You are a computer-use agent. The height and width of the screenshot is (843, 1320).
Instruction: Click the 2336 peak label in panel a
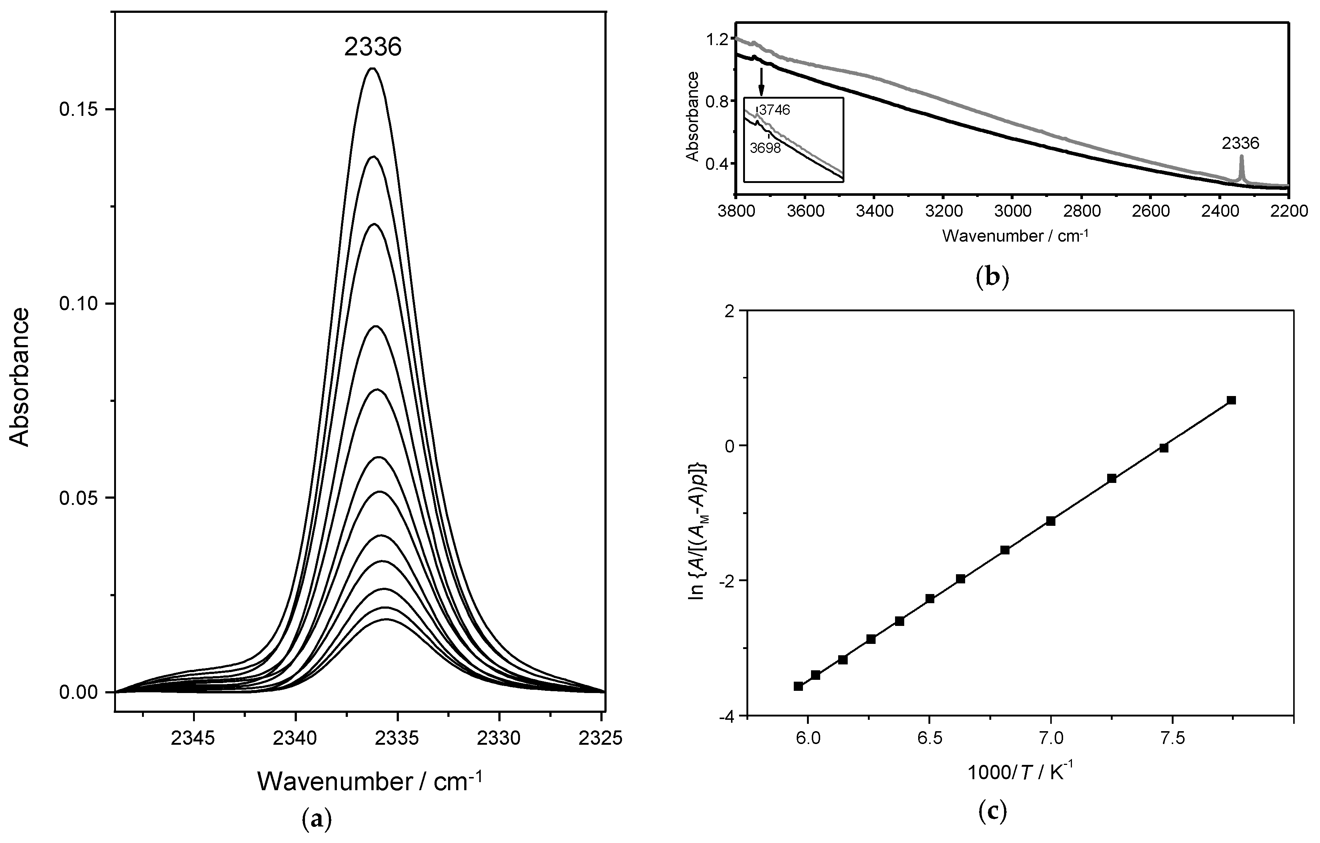373,48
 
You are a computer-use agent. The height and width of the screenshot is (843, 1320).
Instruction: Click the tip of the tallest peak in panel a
373,69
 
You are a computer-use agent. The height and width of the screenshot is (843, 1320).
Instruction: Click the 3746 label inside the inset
774,110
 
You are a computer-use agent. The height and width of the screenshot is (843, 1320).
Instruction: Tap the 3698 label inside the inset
765,148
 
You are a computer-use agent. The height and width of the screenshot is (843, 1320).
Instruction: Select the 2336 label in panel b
1240,143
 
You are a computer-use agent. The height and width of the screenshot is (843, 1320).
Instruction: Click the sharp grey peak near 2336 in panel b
1241,157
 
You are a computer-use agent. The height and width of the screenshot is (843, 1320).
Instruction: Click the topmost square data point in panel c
1231,400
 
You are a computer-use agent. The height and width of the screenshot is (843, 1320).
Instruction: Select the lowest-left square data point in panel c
798,686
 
